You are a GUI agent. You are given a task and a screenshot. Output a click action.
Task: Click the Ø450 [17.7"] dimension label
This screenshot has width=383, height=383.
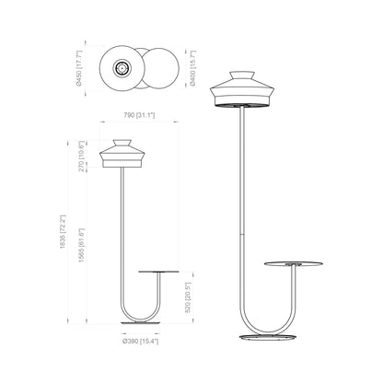click(x=79, y=68)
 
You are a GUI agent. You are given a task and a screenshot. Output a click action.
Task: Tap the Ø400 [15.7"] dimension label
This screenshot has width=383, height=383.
click(x=192, y=68)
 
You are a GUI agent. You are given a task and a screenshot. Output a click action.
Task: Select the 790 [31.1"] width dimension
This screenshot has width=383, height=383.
click(x=139, y=115)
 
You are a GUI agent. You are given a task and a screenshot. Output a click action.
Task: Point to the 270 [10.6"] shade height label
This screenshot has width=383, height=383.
click(x=81, y=157)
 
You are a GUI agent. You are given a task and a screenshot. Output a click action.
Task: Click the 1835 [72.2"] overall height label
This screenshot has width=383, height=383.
click(x=63, y=231)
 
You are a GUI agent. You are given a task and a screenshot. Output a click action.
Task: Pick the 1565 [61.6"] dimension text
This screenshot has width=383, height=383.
click(x=81, y=245)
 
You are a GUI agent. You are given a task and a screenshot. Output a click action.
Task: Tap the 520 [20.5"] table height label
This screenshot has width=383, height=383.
click(x=188, y=297)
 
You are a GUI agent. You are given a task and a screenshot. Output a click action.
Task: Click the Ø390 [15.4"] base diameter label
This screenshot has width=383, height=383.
click(x=141, y=341)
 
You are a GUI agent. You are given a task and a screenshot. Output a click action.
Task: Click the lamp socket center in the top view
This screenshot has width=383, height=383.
click(x=122, y=68)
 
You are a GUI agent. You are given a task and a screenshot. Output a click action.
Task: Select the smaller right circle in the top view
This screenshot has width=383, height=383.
click(x=161, y=68)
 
